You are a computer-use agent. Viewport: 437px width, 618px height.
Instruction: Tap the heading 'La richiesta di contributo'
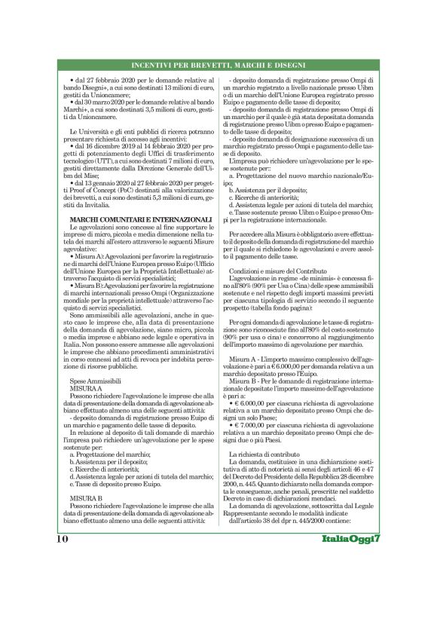point(264,456)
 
